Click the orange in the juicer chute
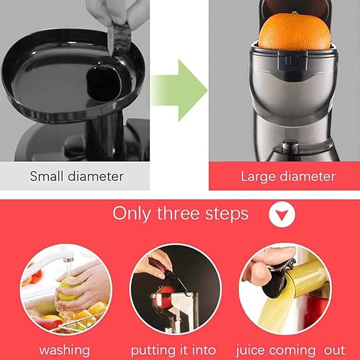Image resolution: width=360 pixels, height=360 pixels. [x=294, y=30]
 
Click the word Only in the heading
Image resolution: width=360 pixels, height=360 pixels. [x=131, y=214]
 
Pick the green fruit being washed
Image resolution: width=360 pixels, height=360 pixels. [x=71, y=289]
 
